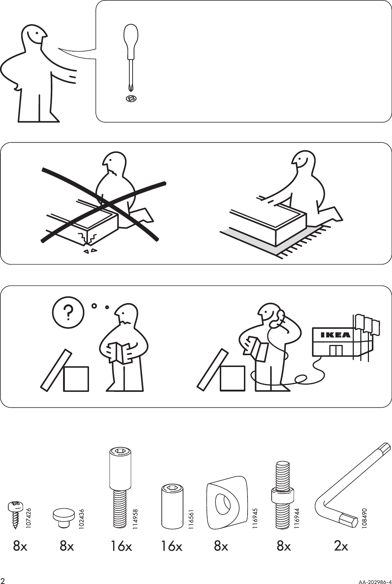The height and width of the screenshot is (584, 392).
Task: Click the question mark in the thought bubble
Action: [68, 312]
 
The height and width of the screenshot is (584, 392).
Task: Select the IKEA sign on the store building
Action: [335, 335]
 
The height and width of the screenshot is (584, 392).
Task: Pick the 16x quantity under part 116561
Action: [171, 547]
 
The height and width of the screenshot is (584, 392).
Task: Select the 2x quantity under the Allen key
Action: [341, 547]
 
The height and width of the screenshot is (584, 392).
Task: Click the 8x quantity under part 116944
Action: [284, 547]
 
